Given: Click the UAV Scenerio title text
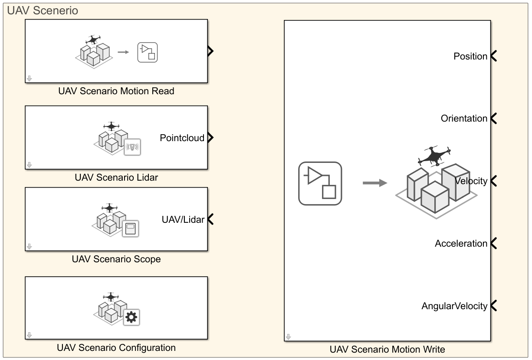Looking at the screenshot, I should [x=43, y=11].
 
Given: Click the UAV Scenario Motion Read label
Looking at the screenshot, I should [x=116, y=91].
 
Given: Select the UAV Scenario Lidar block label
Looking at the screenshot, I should [x=116, y=177].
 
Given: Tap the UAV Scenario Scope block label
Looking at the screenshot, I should [x=116, y=259].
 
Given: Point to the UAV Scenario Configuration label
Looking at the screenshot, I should [x=116, y=348].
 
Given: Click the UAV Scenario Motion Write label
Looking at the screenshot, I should [x=388, y=350].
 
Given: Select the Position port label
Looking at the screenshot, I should [x=470, y=56].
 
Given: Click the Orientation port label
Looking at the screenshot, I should [x=464, y=119].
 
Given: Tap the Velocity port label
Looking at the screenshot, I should [x=472, y=181].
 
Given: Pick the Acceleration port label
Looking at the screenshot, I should [x=461, y=244].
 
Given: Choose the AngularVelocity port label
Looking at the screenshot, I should [x=454, y=306].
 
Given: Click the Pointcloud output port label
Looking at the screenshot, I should [x=182, y=138].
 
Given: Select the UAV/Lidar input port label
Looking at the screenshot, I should [x=183, y=220].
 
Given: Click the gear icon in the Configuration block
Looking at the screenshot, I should [x=131, y=318].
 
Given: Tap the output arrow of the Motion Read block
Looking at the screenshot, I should [x=210, y=51].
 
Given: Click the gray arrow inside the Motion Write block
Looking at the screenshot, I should [x=374, y=183].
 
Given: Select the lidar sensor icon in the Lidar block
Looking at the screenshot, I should [x=132, y=148].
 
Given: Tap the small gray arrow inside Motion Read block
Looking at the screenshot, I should [x=124, y=52].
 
